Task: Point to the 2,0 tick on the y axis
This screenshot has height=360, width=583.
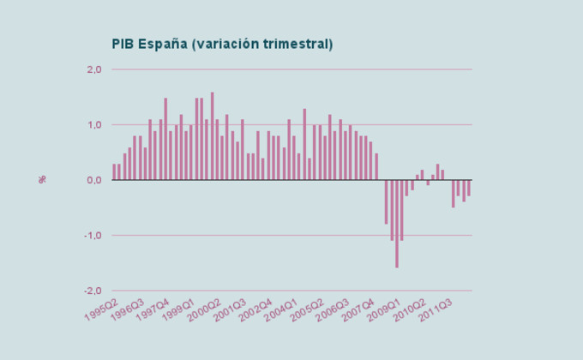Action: click(x=94, y=69)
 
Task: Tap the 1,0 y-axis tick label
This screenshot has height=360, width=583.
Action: click(x=94, y=125)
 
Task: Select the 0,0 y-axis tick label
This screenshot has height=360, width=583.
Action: click(x=94, y=180)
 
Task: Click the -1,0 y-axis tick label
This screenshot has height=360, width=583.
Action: click(x=93, y=236)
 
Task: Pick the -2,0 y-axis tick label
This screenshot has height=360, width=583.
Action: click(x=93, y=291)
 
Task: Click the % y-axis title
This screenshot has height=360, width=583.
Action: click(x=42, y=180)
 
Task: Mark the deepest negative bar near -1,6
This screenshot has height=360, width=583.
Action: click(x=397, y=224)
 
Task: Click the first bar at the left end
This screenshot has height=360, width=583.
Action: click(x=114, y=171)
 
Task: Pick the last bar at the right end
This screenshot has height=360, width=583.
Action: click(x=469, y=188)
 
